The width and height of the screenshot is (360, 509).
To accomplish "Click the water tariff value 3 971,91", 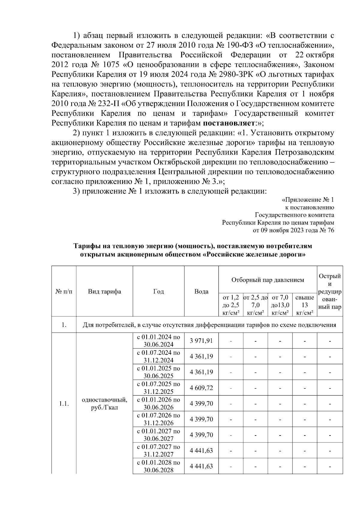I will [x=201, y=341].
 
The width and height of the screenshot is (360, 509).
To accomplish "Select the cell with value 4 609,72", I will [x=201, y=388].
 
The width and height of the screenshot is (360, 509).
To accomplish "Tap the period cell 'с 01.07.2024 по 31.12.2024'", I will [x=158, y=356].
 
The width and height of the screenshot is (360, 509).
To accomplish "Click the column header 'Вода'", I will [x=201, y=291].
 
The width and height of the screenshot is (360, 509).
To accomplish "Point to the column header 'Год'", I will [x=158, y=291].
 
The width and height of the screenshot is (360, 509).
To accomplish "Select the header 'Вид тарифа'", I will [x=104, y=291].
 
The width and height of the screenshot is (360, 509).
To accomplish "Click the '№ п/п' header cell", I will [x=64, y=291].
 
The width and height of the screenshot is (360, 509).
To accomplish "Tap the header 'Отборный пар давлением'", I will [x=268, y=280].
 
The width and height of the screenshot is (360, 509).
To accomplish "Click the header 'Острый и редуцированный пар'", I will [x=330, y=291].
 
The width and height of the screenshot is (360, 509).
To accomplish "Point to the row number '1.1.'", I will [x=64, y=404].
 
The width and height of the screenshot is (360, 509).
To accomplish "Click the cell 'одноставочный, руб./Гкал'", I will [x=104, y=404].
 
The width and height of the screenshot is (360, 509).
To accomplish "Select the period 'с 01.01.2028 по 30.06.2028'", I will [x=158, y=466].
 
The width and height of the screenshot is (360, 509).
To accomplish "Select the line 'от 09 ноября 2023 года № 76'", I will [x=293, y=230].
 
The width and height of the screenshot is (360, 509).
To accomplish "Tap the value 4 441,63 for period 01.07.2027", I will [x=201, y=451].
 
